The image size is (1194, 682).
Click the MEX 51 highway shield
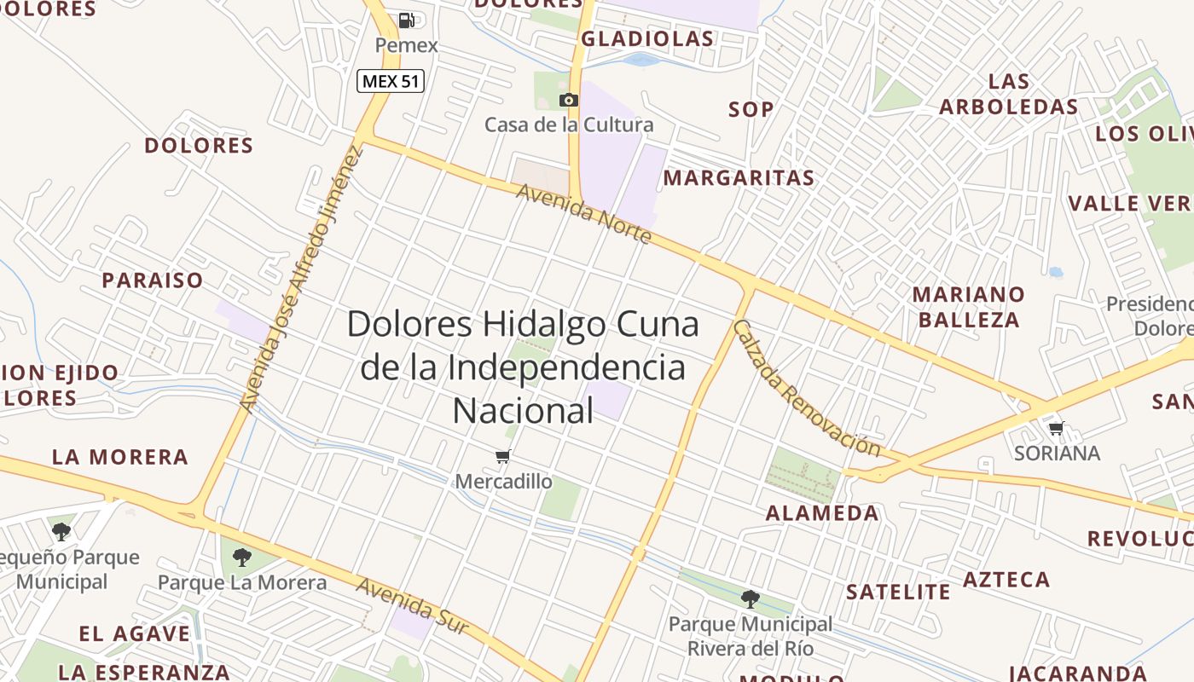[x=390, y=81]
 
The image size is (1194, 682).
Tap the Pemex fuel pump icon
[x=407, y=20]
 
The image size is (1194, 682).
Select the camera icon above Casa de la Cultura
[x=569, y=100]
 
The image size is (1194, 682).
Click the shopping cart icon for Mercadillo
[x=503, y=457]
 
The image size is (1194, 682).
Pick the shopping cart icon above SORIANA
[x=1057, y=428]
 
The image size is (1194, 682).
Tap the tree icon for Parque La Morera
[x=242, y=558]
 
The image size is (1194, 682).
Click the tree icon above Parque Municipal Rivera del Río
[x=751, y=598]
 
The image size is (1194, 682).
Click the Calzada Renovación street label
[x=805, y=388]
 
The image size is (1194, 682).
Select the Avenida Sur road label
[x=412, y=606]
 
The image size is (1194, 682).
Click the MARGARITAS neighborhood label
[x=739, y=178]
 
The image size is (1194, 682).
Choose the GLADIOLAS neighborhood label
[x=647, y=39]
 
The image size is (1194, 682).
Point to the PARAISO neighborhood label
[x=153, y=280]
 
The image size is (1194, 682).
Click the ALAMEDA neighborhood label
[x=821, y=513]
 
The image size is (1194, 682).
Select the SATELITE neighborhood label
[x=897, y=592]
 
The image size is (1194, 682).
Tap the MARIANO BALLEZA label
[x=969, y=307]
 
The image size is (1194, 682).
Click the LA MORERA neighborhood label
[x=120, y=457]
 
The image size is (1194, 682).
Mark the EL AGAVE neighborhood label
[x=135, y=634]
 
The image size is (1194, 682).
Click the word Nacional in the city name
[x=522, y=411]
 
